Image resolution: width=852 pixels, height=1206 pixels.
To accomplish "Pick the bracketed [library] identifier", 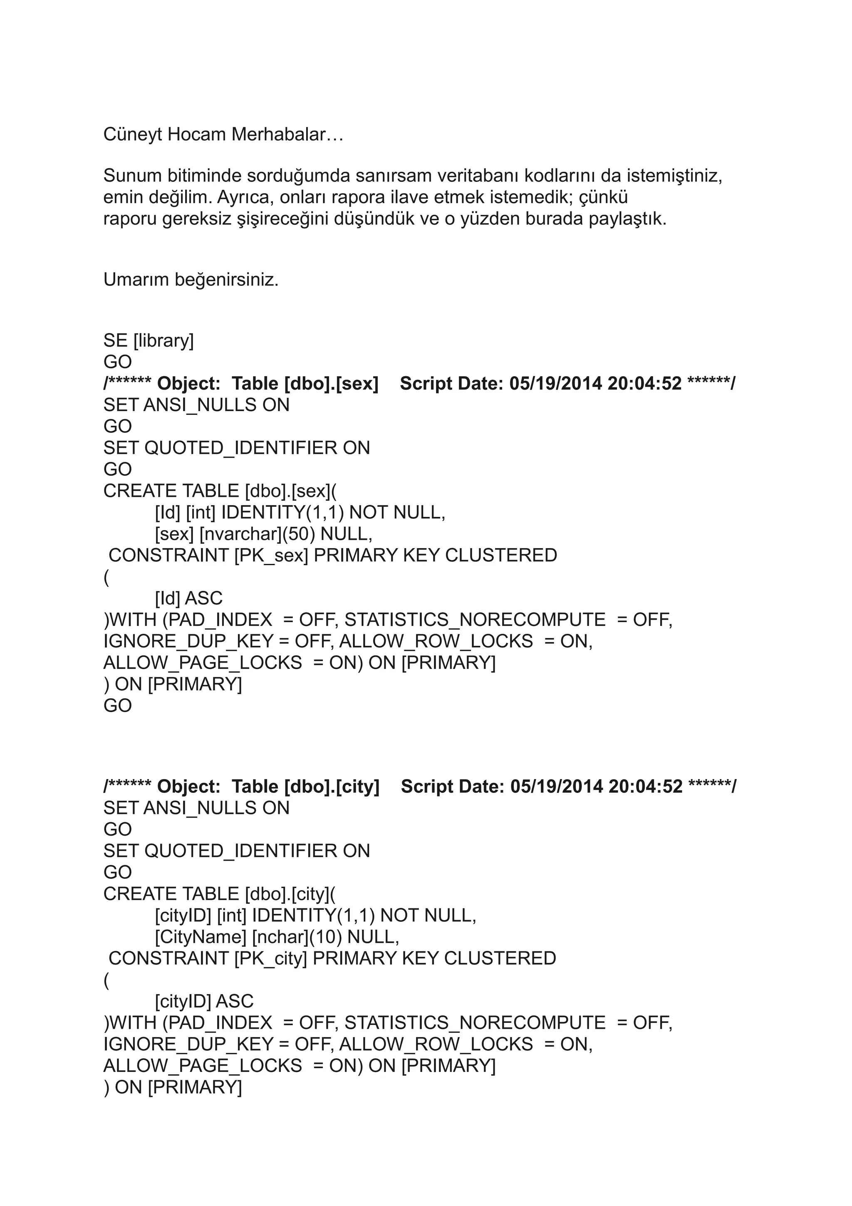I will click(164, 341).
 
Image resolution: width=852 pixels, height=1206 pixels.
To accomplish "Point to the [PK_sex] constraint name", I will click(271, 556).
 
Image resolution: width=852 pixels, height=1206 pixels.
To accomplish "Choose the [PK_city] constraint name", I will click(270, 959).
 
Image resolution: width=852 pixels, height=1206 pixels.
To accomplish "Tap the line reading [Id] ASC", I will click(188, 598).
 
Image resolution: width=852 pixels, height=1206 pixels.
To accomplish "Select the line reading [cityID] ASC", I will click(204, 1001).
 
